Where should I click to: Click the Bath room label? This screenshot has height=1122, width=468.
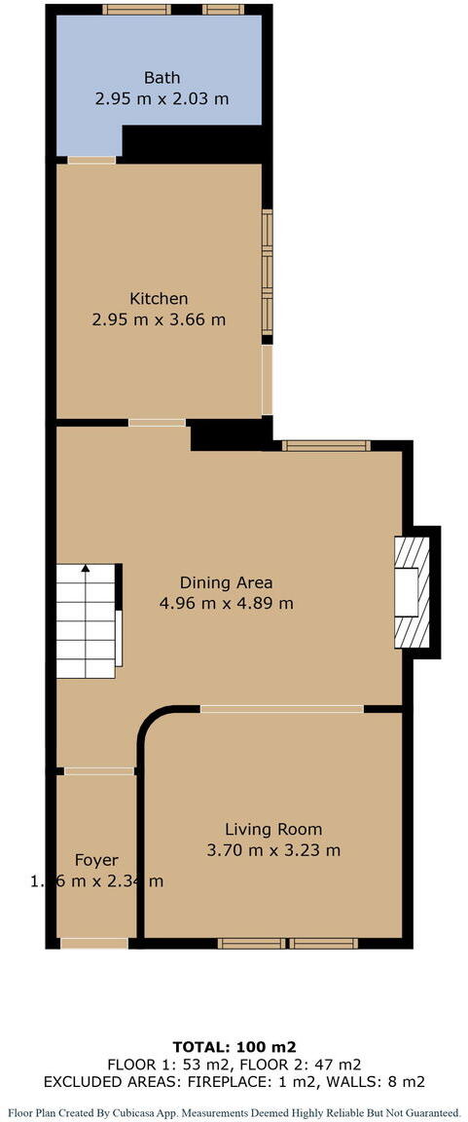tap(162, 78)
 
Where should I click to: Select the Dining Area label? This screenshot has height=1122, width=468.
tap(226, 582)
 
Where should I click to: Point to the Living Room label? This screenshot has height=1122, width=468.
tap(273, 830)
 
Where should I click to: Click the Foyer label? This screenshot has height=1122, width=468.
tap(96, 860)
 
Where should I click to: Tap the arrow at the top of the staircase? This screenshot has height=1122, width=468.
tap(86, 569)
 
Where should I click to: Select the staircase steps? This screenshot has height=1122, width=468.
tap(86, 623)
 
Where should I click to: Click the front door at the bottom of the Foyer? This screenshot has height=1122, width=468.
tap(93, 942)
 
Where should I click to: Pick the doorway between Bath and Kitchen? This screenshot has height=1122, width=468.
tap(91, 159)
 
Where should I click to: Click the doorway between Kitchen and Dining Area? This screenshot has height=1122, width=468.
tap(157, 423)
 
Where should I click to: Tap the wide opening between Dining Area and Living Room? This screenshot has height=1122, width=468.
tap(282, 708)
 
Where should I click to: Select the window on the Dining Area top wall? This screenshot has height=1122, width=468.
tap(326, 446)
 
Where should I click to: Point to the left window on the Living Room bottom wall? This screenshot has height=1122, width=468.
tap(251, 943)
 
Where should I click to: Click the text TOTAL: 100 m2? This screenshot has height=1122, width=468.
tap(234, 1046)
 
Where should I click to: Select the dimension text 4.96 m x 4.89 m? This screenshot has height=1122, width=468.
tap(226, 603)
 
